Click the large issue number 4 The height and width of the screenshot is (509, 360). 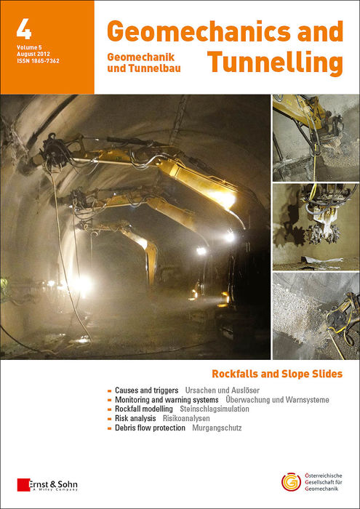click(23, 30)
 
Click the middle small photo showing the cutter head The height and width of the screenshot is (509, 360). click(315, 225)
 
